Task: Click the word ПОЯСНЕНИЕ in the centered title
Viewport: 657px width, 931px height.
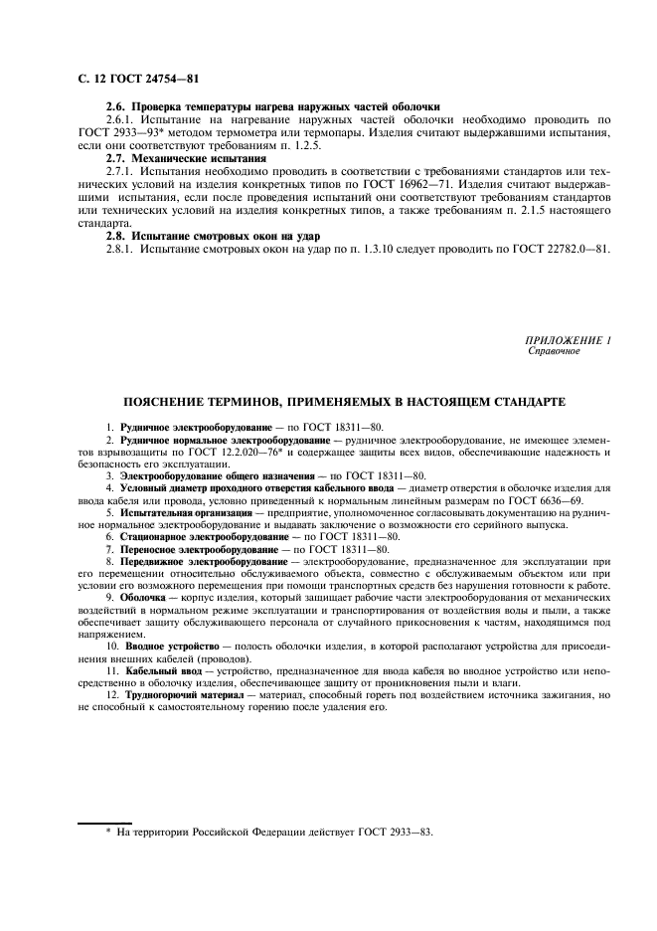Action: click(x=176, y=402)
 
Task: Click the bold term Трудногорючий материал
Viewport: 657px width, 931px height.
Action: click(x=175, y=695)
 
